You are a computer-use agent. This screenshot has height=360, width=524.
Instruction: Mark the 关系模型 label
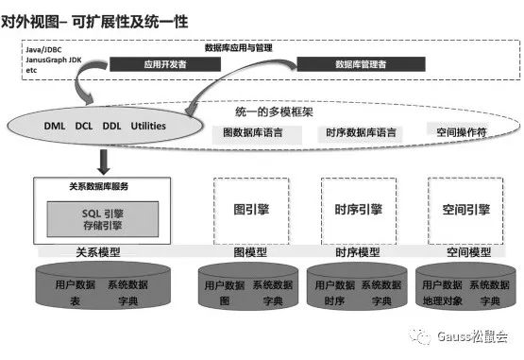(x=98, y=253)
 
